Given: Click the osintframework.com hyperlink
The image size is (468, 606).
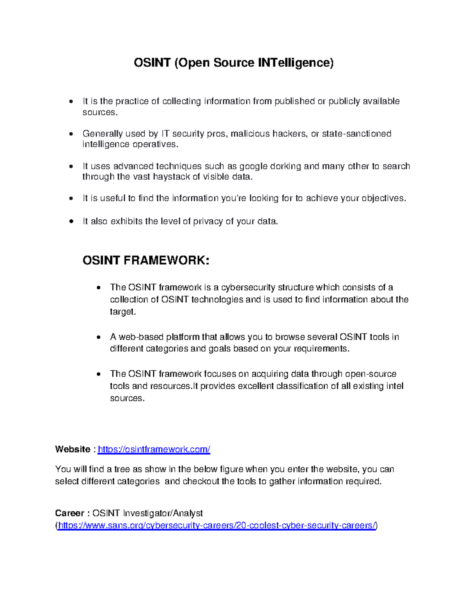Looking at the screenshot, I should point(154,450).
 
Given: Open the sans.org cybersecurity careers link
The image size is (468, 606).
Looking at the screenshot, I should point(217,526).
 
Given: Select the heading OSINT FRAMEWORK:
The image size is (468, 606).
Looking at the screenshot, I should point(146,260).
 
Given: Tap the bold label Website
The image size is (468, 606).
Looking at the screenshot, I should point(73,450).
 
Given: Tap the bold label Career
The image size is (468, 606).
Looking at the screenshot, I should point(69,513).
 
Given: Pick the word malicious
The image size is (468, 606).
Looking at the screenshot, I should point(250,134).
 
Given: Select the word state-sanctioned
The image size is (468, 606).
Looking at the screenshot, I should point(356,134).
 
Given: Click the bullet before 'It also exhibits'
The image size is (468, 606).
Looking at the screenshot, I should point(71,222).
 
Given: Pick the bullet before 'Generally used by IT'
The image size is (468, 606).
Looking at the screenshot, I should point(71,134).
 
